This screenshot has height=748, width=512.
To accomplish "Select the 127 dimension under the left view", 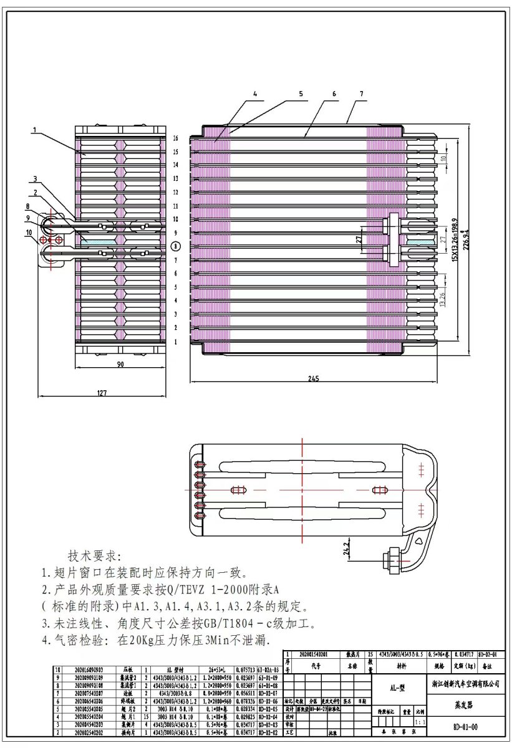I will pos(102,393).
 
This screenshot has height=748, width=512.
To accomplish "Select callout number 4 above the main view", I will pos(254,94).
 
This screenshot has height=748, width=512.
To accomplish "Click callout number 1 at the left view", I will pos(36,131).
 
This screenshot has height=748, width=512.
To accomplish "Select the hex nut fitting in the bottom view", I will pos(394,554).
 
